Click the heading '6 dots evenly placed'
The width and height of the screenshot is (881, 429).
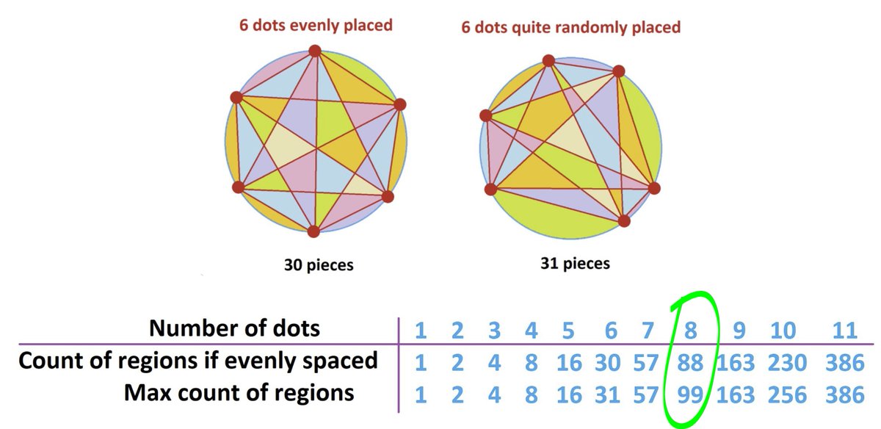tap(315, 25)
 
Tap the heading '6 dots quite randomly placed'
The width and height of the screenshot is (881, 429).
tap(570, 27)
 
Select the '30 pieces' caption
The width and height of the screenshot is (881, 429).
tap(319, 264)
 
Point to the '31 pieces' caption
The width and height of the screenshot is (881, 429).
tap(575, 262)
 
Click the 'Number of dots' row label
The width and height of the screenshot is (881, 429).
tap(235, 328)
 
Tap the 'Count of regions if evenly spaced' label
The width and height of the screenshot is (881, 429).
tap(198, 361)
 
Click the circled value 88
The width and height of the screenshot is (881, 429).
tap(690, 361)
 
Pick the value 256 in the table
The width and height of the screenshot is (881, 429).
tap(783, 394)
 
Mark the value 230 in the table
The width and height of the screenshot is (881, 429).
tap(783, 361)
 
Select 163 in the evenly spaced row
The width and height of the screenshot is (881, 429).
tap(736, 361)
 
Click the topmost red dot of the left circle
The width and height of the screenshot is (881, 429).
tap(315, 51)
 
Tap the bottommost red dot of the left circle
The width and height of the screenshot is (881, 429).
tap(313, 232)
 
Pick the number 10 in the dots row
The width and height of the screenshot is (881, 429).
tap(783, 330)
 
